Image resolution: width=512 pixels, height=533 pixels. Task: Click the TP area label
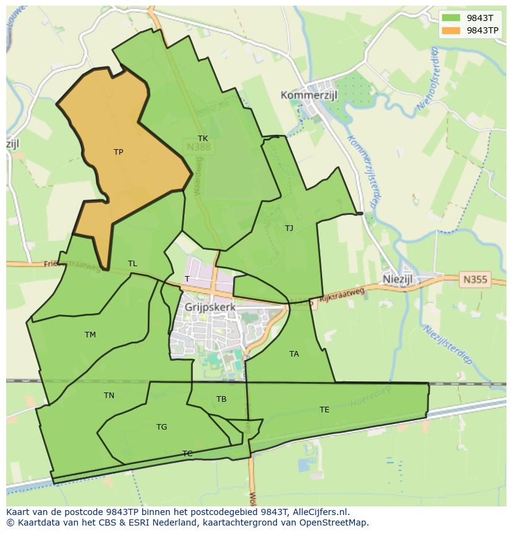coord(118,152)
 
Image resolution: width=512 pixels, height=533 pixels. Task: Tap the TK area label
coord(203,139)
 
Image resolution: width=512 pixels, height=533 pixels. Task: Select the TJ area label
coord(289,228)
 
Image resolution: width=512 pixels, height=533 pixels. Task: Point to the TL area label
coord(132,264)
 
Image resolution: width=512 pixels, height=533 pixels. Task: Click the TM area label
coord(90,335)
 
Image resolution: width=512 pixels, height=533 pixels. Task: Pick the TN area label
coord(109,396)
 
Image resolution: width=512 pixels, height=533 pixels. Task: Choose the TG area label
coord(161,427)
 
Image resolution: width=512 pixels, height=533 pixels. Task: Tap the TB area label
coord(221,399)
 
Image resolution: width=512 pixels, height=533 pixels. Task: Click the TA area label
coord(294,354)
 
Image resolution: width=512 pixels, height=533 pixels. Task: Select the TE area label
coord(324,410)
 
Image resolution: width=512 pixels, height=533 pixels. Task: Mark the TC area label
coord(187,454)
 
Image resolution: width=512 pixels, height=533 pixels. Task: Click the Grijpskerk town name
coord(210,306)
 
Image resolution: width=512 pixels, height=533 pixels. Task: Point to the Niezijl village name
coord(398,279)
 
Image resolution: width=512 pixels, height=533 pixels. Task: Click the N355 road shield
coord(475,280)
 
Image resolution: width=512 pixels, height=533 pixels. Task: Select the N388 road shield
coord(198,147)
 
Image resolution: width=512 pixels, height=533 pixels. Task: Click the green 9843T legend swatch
coord(451,18)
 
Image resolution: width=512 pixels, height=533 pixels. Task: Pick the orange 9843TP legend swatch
coord(451,30)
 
